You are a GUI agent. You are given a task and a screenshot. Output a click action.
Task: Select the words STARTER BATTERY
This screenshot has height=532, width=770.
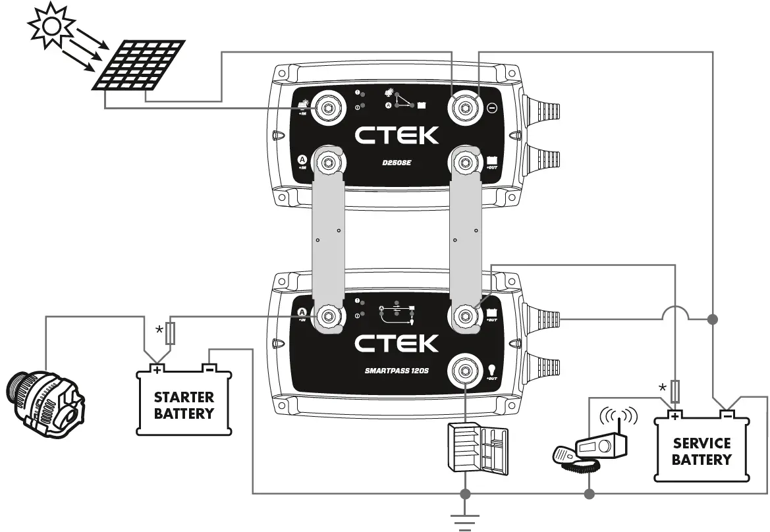pyautogui.click(x=184, y=406)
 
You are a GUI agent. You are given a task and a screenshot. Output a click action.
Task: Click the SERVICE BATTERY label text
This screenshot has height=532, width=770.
pyautogui.click(x=701, y=451)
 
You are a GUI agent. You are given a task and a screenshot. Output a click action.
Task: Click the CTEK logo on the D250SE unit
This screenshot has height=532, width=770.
pyautogui.click(x=397, y=136)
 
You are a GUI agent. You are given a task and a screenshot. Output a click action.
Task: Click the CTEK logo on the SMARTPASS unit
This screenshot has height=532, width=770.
pyautogui.click(x=396, y=343)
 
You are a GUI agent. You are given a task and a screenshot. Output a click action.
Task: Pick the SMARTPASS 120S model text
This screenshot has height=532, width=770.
pyautogui.click(x=396, y=371)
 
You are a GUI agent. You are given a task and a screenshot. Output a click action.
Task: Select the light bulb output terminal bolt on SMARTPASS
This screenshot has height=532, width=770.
pyautogui.click(x=464, y=371)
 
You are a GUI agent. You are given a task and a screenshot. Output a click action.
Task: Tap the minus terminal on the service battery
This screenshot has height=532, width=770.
pyautogui.click(x=727, y=414)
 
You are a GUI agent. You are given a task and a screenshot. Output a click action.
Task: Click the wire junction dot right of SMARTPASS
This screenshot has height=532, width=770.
pyautogui.click(x=712, y=319)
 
